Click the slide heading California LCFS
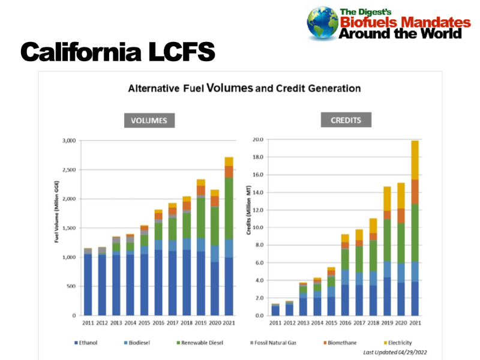tap(118, 53)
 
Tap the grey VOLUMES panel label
tap(150, 121)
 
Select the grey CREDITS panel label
tap(346, 120)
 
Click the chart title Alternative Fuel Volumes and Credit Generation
tap(244, 88)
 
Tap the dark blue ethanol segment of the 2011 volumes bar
tap(88, 285)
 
